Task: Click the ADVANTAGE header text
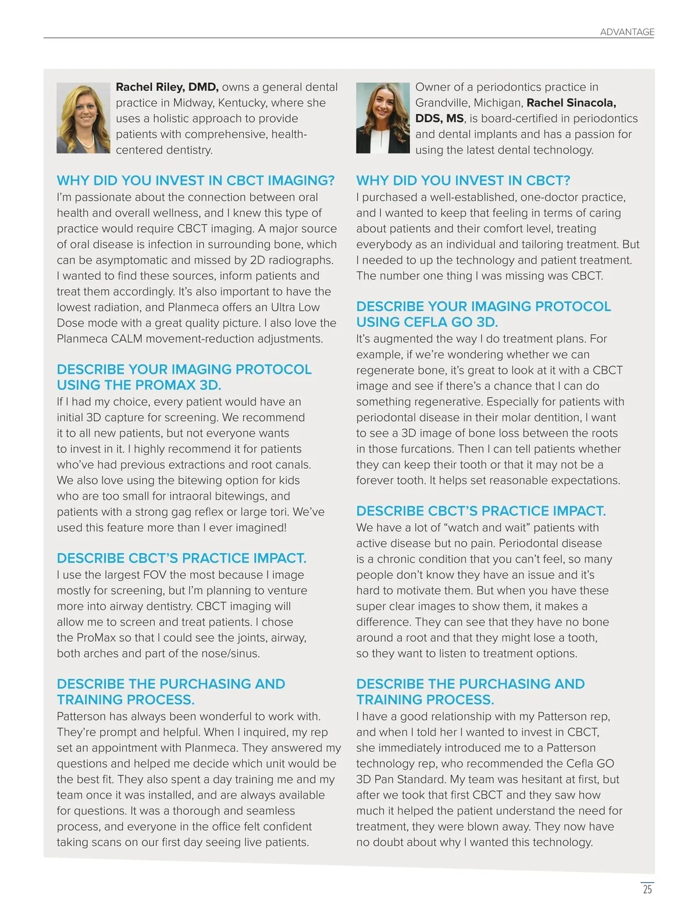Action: click(626, 32)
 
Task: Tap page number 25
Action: click(647, 889)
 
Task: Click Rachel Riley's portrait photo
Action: click(83, 118)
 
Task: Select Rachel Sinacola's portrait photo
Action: click(383, 118)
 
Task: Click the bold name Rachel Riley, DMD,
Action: click(167, 87)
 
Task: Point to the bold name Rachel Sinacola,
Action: click(571, 103)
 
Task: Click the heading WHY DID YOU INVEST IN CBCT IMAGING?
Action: click(195, 180)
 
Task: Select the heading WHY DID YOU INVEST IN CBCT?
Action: click(463, 180)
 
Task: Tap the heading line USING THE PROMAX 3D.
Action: click(139, 385)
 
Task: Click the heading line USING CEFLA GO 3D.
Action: click(427, 322)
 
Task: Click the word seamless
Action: click(268, 811)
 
